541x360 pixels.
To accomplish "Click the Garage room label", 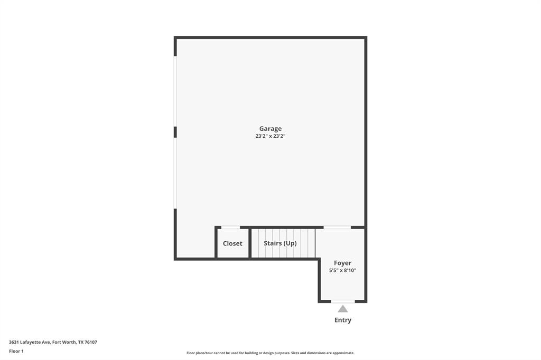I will (x=270, y=128).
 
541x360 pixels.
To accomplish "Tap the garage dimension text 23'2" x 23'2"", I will (x=270, y=136).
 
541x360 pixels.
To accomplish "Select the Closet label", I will (x=232, y=243).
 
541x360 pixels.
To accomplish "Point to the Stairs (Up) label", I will (x=280, y=243).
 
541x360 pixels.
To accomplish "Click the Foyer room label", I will (x=342, y=263).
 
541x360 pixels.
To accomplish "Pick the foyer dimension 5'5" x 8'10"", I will (x=342, y=270).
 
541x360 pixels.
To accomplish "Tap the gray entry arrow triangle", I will (x=343, y=309).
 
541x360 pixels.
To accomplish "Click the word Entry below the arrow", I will (x=343, y=320).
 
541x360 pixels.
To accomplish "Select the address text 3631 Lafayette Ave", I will (x=30, y=342).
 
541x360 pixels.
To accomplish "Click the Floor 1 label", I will (x=16, y=351).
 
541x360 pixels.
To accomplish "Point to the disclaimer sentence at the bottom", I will (x=270, y=353).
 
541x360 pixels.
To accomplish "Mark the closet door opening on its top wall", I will (x=230, y=228).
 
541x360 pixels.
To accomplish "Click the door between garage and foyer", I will (x=337, y=228).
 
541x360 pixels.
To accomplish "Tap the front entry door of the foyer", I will (x=343, y=301).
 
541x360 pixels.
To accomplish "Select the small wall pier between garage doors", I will (x=175, y=132).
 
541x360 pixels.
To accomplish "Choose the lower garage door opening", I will (x=175, y=173).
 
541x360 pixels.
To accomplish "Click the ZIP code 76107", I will (x=91, y=342).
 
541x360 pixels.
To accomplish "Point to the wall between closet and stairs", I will (x=250, y=243).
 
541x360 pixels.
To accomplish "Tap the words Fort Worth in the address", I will (x=63, y=342).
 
